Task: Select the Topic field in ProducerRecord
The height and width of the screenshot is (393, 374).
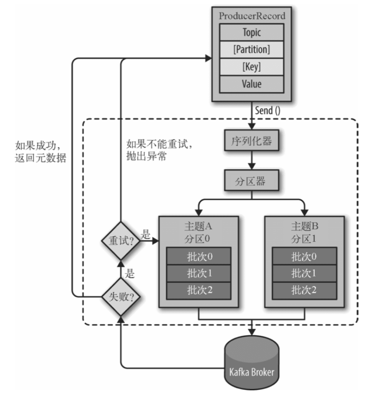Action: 252,32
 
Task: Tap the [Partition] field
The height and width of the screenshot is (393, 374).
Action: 252,50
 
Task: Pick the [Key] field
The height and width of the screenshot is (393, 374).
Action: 252,67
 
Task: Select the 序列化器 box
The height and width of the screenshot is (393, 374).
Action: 252,142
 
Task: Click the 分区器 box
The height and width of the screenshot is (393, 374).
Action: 252,181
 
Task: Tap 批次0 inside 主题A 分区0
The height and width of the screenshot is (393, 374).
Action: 198,256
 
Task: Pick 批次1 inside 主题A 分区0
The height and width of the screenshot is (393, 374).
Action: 198,273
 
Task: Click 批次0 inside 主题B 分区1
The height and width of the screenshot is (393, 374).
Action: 304,256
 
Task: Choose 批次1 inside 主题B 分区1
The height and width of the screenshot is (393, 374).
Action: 304,273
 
